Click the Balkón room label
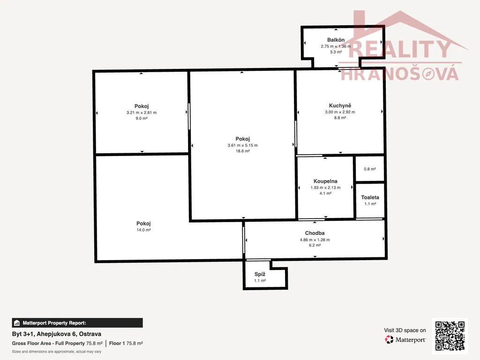click(336, 40)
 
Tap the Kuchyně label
click(340, 105)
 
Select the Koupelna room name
click(325, 181)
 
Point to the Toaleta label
click(370, 197)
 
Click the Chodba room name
click(315, 233)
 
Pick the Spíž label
click(260, 274)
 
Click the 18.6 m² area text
click(242, 151)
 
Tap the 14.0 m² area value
click(143, 230)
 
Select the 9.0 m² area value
click(142, 118)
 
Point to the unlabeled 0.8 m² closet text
click(370, 169)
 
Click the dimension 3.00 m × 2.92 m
click(340, 112)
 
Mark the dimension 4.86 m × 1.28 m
click(315, 240)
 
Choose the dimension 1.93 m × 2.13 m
click(325, 187)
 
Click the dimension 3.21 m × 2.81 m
click(142, 112)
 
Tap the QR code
click(450, 336)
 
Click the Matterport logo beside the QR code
click(405, 339)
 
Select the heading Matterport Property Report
click(54, 323)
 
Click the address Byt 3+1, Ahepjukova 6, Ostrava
click(57, 334)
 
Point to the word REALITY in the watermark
click(400, 49)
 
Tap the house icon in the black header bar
click(17, 323)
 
